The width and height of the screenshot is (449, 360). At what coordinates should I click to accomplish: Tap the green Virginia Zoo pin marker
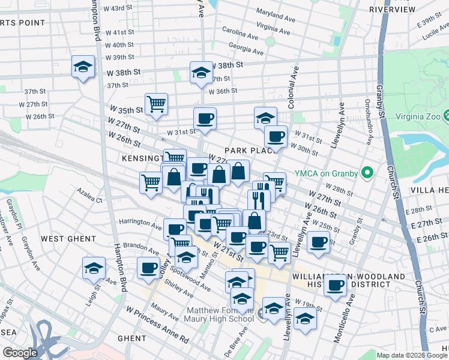[445, 115]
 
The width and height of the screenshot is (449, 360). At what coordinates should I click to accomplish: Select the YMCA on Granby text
[326, 175]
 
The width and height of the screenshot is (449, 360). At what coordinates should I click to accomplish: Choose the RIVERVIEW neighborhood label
[392, 10]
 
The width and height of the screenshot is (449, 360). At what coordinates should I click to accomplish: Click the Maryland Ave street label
[273, 12]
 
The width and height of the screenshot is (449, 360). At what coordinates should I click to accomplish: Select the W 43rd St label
[118, 8]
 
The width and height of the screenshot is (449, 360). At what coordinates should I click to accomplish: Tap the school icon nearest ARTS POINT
[83, 67]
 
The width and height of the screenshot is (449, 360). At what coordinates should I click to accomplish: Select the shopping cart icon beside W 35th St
[156, 104]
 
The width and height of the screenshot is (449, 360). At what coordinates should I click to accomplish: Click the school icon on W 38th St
[200, 73]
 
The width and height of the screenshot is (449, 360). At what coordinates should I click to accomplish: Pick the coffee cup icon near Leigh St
[148, 268]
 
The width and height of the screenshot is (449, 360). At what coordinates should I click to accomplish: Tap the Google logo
[20, 353]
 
